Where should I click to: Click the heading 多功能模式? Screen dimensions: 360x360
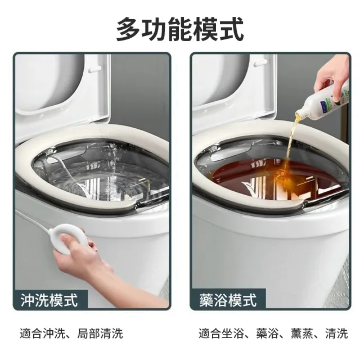click(180, 29)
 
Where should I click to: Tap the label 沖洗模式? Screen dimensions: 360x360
click(49, 300)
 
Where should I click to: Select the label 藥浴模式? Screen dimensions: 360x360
click(228, 300)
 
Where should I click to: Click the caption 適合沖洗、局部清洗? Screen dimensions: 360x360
click(71, 334)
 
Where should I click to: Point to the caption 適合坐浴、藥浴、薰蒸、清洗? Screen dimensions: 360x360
click(273, 334)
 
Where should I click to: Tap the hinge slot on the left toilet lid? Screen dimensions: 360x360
click(95, 68)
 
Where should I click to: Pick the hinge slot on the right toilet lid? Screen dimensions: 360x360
click(261, 62)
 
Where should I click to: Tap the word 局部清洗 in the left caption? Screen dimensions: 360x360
click(100, 334)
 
